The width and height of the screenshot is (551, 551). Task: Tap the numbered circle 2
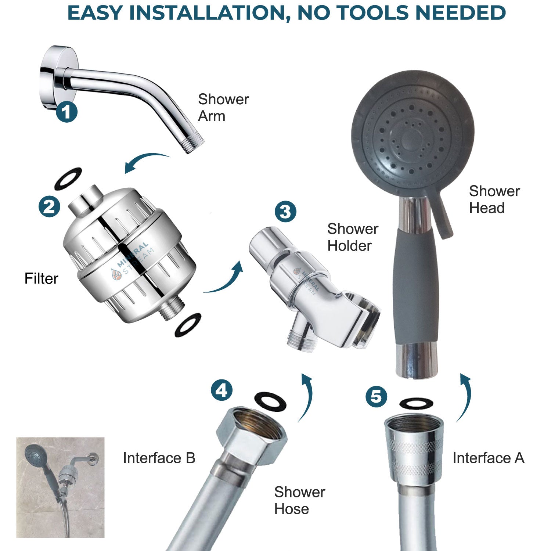click(49, 206)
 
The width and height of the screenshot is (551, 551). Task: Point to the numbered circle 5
click(376, 397)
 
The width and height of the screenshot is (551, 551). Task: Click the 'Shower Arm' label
click(223, 108)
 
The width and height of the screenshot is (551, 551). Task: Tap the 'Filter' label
click(41, 278)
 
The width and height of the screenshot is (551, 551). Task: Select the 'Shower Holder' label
click(352, 237)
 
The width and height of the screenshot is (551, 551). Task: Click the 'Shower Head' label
click(494, 199)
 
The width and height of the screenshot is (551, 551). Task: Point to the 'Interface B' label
click(159, 458)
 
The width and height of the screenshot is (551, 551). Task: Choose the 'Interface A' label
click(488, 458)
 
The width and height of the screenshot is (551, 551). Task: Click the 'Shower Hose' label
click(299, 500)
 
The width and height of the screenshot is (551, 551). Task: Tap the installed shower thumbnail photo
click(60, 487)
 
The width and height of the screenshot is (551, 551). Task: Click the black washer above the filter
click(68, 179)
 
